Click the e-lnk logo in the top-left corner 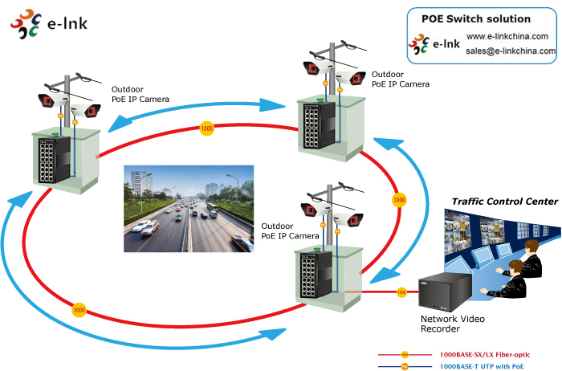48,25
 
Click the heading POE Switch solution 476,18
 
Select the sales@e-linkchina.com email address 511,51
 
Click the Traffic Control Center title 504,202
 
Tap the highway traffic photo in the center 189,208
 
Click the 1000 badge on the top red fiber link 207,128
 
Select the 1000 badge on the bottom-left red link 79,308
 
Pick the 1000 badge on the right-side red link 397,198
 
